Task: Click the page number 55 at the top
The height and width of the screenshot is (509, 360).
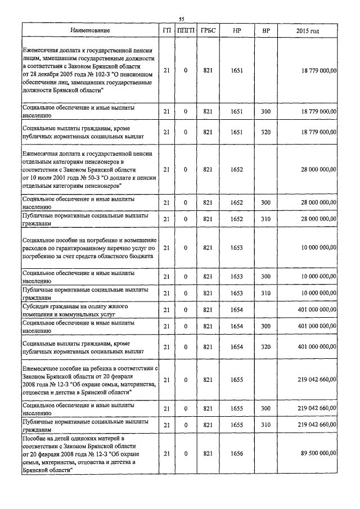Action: click(x=182, y=19)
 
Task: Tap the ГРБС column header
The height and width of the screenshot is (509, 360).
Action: click(x=207, y=30)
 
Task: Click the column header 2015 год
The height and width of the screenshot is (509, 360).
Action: click(x=308, y=30)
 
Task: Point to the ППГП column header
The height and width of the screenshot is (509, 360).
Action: click(x=185, y=30)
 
